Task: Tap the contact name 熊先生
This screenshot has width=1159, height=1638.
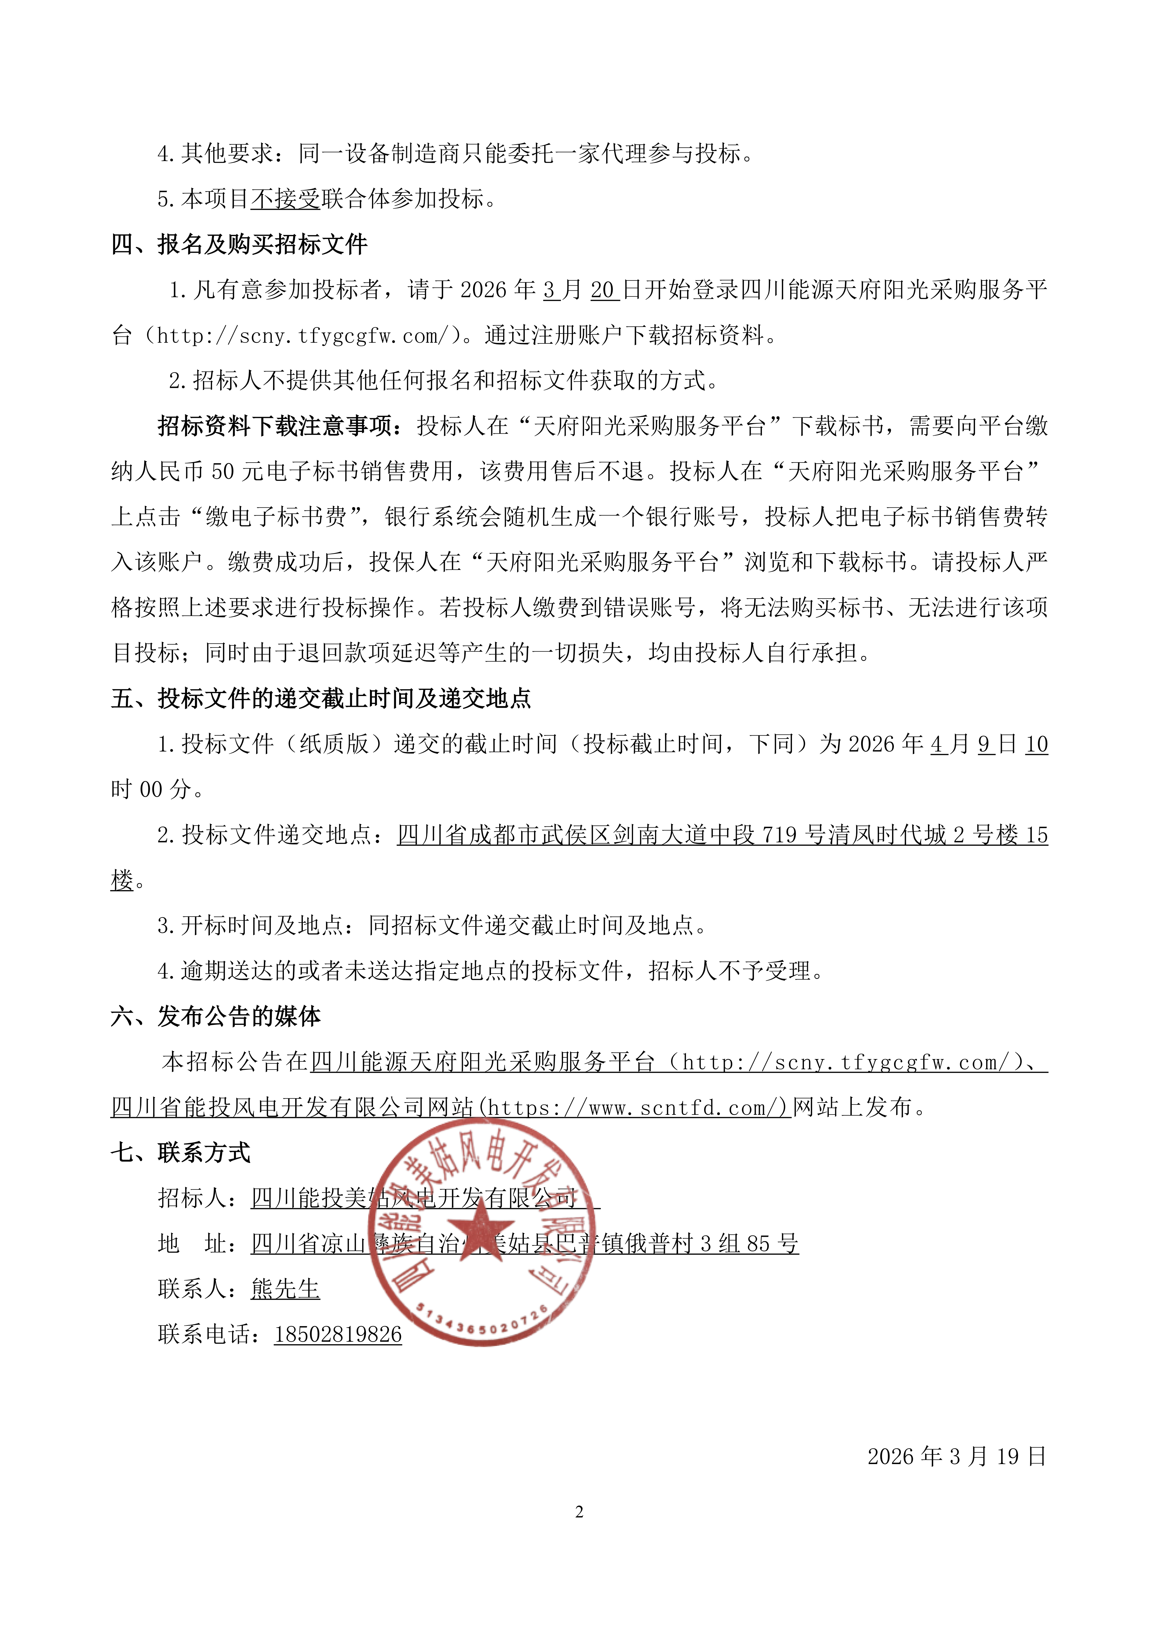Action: (286, 1289)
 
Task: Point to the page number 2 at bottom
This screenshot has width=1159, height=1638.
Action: (579, 1512)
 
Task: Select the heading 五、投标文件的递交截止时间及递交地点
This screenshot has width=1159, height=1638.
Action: (321, 698)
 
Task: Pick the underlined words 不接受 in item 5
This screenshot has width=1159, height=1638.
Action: (286, 199)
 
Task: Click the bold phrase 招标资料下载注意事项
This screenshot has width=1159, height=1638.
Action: (275, 426)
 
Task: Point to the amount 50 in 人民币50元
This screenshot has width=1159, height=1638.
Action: (223, 472)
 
